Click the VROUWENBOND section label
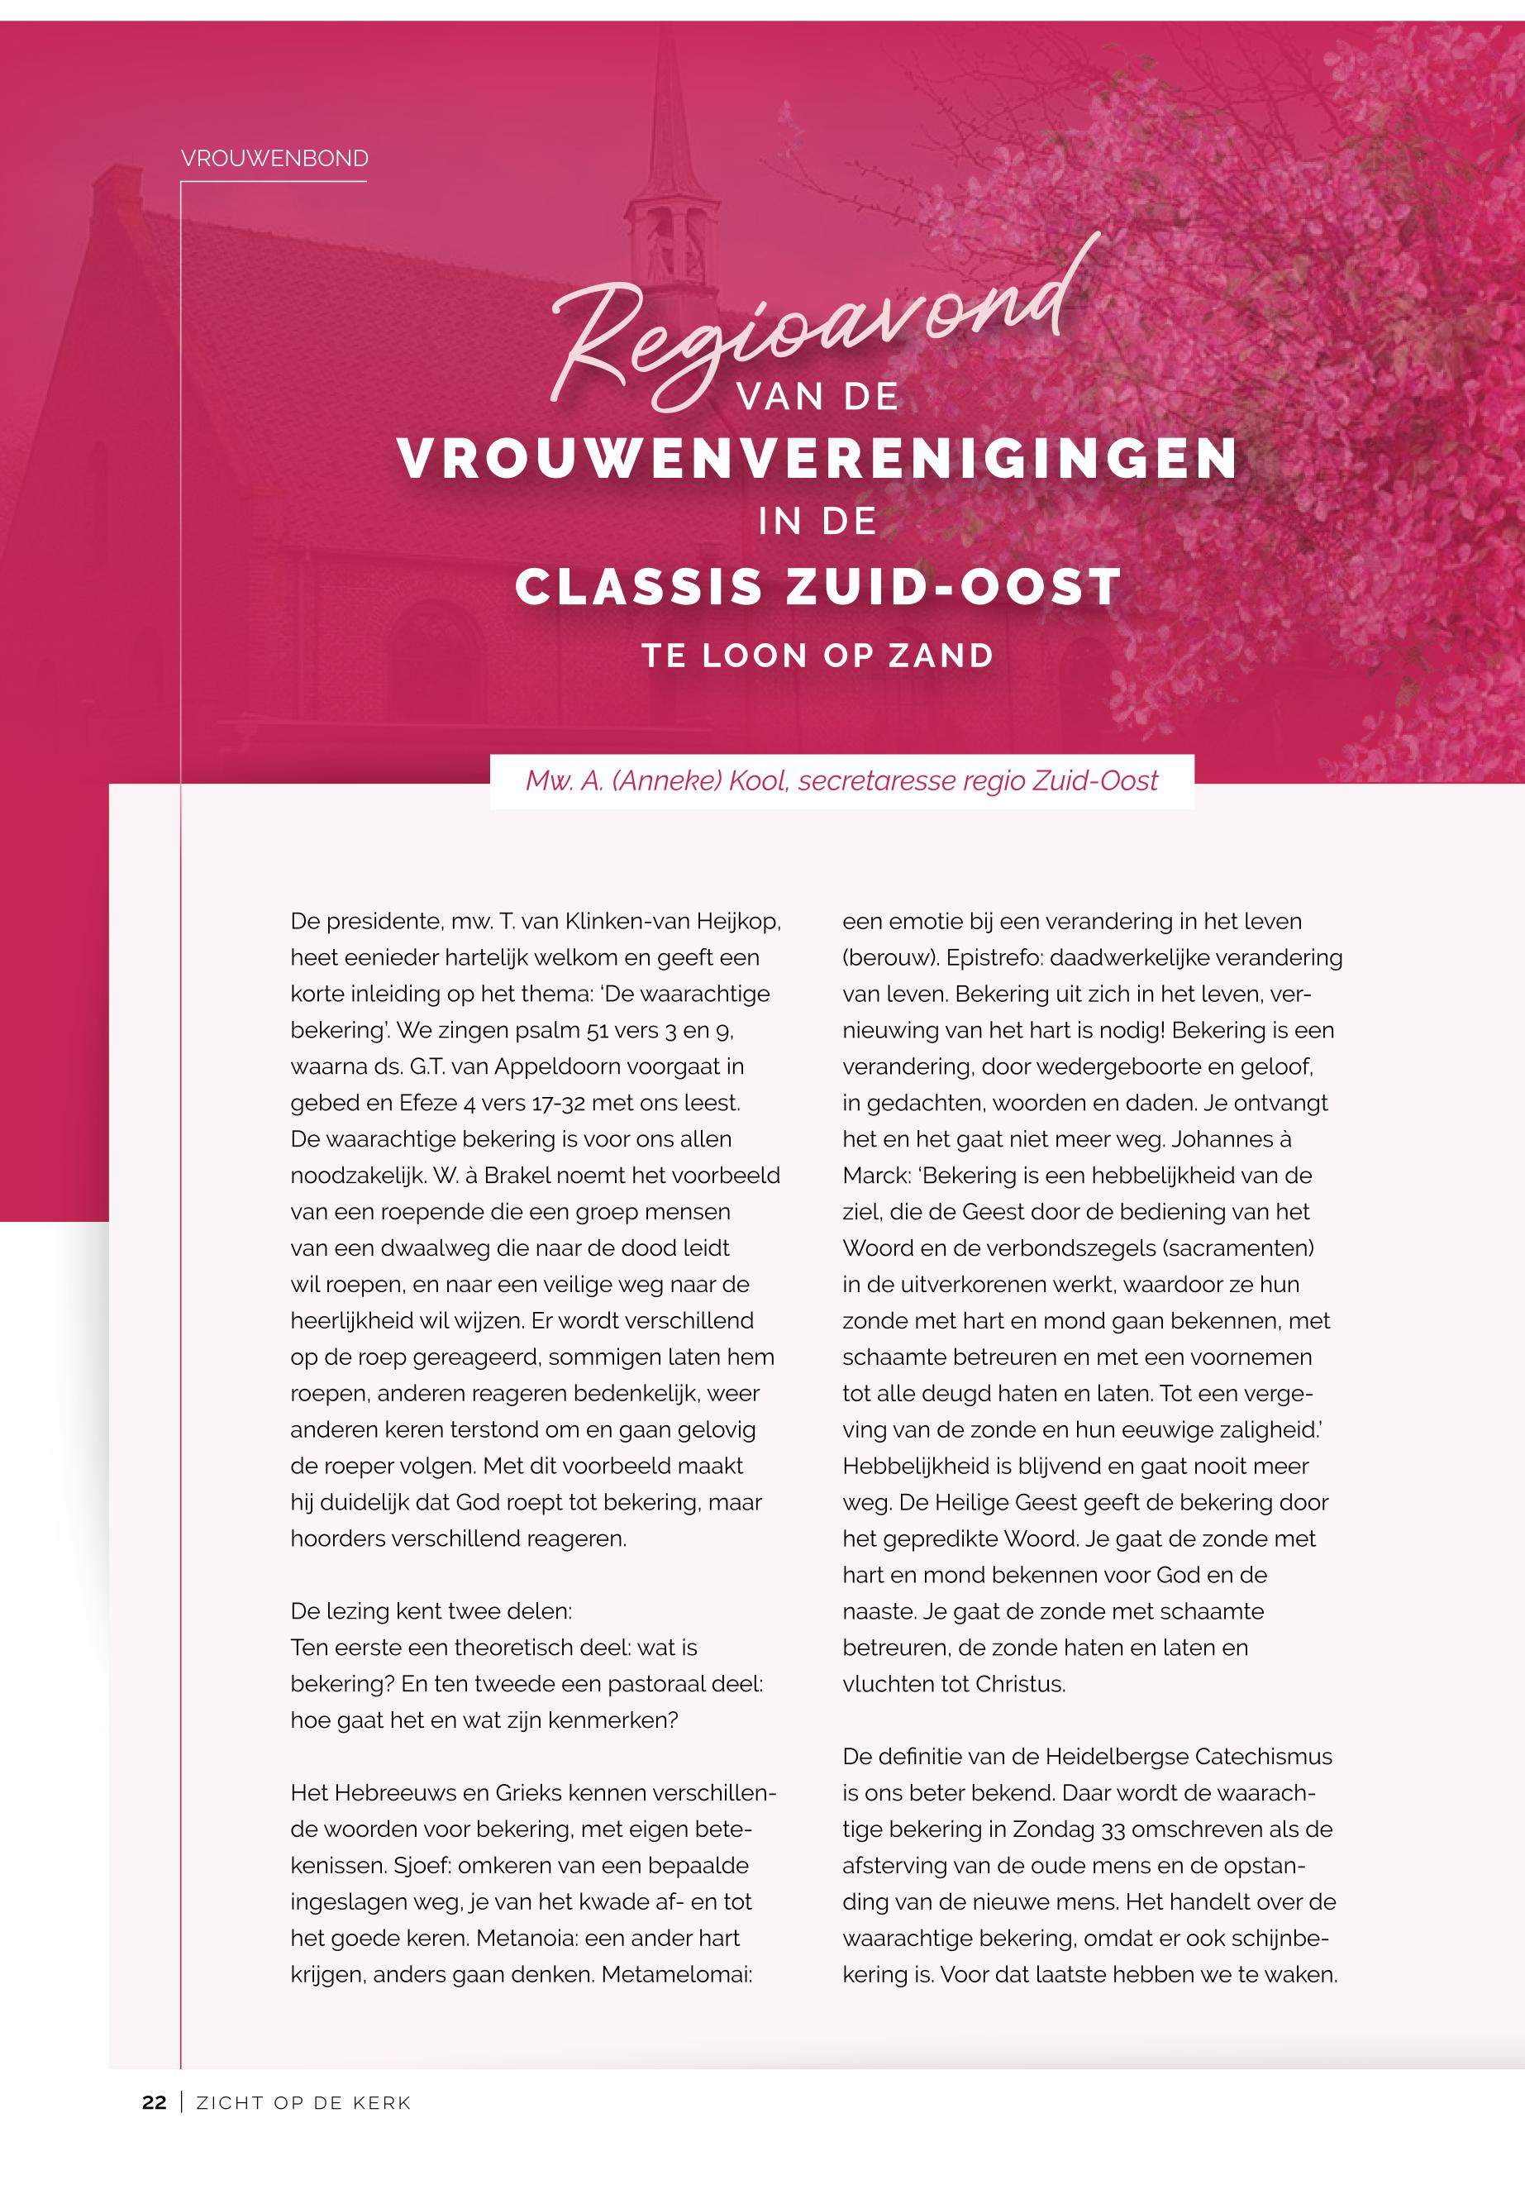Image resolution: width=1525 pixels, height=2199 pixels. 274,159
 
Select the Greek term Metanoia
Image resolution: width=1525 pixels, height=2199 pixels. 526,1938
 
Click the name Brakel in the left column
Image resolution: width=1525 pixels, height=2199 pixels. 522,1176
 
